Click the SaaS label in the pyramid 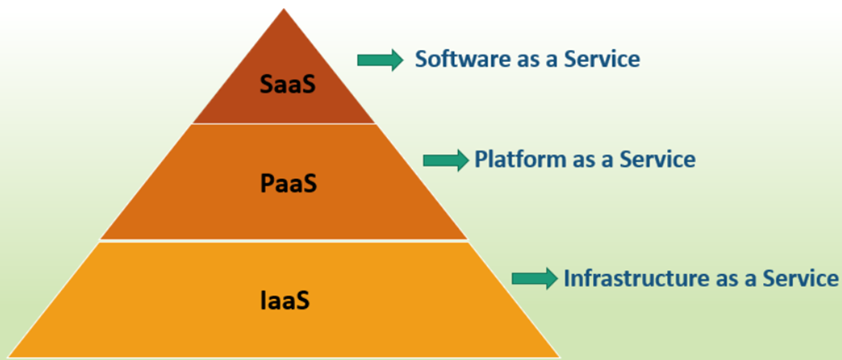(288, 84)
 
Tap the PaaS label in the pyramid (288, 184)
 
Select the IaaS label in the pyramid (285, 300)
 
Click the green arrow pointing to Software (380, 60)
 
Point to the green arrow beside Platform (446, 160)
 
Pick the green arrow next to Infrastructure (535, 279)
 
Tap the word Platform (520, 159)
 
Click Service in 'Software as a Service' (602, 59)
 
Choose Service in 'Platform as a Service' (657, 159)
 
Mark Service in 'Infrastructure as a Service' (801, 279)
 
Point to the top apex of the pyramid (284, 9)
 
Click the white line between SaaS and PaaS (284, 124)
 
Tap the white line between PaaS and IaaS (284, 240)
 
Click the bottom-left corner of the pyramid (9, 356)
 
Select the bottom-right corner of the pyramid (560, 356)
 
